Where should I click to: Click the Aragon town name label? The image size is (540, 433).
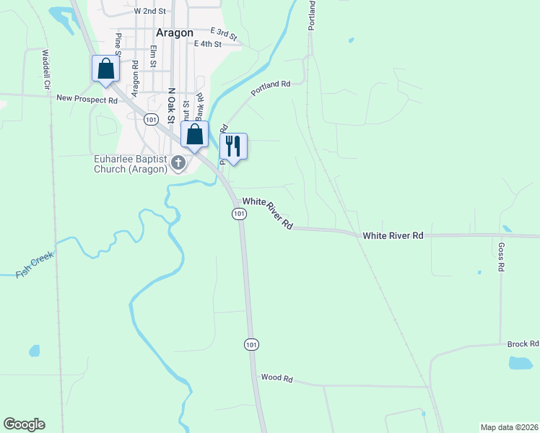174,32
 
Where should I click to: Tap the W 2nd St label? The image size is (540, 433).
150,12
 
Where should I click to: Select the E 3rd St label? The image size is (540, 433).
223,32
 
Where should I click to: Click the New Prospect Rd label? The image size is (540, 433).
87,100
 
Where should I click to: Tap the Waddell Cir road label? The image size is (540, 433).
47,69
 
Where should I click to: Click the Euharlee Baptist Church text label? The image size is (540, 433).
130,164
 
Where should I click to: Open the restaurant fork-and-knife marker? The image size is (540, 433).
233,146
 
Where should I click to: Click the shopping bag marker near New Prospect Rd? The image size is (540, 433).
105,69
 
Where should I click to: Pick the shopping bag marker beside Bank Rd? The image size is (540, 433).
194,134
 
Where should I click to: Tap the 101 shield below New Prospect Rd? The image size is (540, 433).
150,119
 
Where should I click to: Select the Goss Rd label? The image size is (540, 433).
500,256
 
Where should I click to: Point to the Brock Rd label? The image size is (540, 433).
523,344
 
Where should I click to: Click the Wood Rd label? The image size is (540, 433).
276,377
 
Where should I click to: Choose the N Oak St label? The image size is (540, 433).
172,105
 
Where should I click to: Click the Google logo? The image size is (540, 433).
24,424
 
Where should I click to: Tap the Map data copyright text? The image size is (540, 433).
508,427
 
